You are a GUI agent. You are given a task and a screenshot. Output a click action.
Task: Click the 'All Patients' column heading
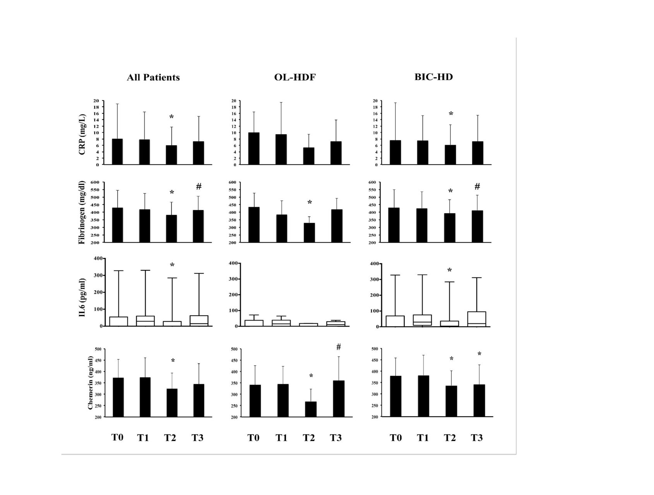(x=153, y=77)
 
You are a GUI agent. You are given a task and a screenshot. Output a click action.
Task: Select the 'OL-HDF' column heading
(x=295, y=77)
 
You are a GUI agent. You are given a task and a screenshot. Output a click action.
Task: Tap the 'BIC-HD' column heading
(x=433, y=77)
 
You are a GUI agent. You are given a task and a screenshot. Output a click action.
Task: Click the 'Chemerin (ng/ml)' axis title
(x=90, y=383)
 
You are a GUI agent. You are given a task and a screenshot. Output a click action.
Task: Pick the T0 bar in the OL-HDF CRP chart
(x=254, y=148)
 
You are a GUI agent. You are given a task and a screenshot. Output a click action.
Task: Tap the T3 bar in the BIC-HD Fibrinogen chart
(x=478, y=226)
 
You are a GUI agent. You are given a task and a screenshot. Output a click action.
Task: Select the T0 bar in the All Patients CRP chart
(x=117, y=152)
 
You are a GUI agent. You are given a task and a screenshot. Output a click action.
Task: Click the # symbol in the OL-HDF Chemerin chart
(x=338, y=347)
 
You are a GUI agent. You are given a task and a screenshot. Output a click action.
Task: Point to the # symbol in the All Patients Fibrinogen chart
(x=199, y=186)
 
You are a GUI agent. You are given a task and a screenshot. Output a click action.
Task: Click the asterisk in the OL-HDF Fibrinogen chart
(x=310, y=203)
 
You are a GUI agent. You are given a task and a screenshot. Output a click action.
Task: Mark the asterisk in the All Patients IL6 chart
(x=172, y=265)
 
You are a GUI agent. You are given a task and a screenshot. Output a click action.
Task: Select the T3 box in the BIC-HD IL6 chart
(x=477, y=319)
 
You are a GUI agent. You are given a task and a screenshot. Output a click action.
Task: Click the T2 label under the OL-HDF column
(x=308, y=438)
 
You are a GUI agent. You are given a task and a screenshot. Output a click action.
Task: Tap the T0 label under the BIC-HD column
(x=395, y=438)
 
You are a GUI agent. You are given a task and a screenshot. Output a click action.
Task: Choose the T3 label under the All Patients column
(x=197, y=438)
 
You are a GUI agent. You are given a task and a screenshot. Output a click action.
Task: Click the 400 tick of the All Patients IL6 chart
(x=98, y=258)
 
